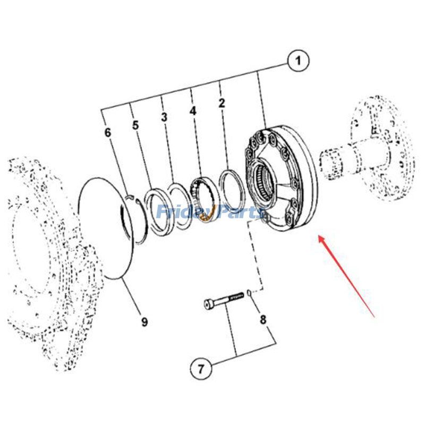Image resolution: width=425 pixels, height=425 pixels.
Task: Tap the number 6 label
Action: click(x=108, y=132)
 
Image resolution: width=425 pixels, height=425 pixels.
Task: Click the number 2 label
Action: click(x=222, y=103)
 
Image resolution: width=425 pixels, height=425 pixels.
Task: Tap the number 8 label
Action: click(x=262, y=320)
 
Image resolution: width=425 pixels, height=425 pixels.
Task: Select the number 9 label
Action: click(x=144, y=321)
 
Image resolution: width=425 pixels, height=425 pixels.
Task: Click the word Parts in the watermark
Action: click(x=239, y=212)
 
